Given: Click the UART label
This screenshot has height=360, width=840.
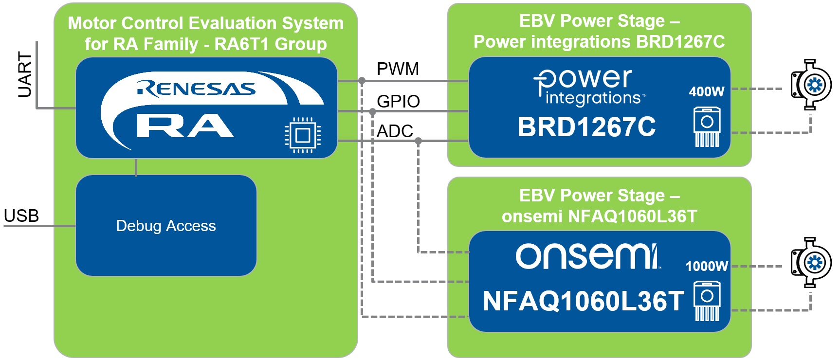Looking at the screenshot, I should (x=24, y=74).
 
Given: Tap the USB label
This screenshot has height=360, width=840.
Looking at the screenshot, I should (x=21, y=216).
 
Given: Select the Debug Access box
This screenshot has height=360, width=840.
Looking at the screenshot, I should (x=166, y=226).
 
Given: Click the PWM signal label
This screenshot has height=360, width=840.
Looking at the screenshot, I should (x=398, y=69).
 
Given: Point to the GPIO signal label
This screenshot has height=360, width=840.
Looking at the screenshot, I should (x=398, y=101).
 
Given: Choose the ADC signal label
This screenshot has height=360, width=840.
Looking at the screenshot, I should (x=395, y=131).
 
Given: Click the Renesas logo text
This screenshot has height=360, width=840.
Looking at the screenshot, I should (x=197, y=89).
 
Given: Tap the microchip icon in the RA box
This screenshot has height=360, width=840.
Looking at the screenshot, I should (x=303, y=135).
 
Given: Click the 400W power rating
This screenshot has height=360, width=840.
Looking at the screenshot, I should (x=707, y=91).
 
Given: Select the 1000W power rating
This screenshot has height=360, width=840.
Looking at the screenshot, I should (x=707, y=266).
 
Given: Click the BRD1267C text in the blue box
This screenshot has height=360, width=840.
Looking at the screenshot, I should (x=586, y=127).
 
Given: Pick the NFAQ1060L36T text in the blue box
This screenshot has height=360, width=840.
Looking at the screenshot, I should (x=583, y=301).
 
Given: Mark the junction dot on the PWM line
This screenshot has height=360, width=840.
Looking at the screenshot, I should (x=362, y=81).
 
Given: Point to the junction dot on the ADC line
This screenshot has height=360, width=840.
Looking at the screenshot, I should (x=418, y=141).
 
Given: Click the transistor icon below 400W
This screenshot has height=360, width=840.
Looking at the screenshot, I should (x=707, y=127).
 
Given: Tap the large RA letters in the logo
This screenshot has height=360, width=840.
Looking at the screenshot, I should (x=185, y=126).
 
